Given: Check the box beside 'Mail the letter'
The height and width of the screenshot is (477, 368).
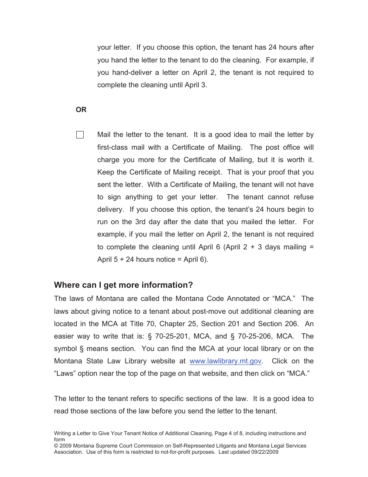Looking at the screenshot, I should [80, 135].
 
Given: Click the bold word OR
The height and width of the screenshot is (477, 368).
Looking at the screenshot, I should [81, 110].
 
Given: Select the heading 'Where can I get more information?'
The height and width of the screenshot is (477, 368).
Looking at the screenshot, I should [123, 285].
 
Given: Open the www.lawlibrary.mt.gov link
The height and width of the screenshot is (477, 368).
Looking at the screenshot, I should [225, 361].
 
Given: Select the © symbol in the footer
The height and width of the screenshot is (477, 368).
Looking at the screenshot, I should [56, 446].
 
